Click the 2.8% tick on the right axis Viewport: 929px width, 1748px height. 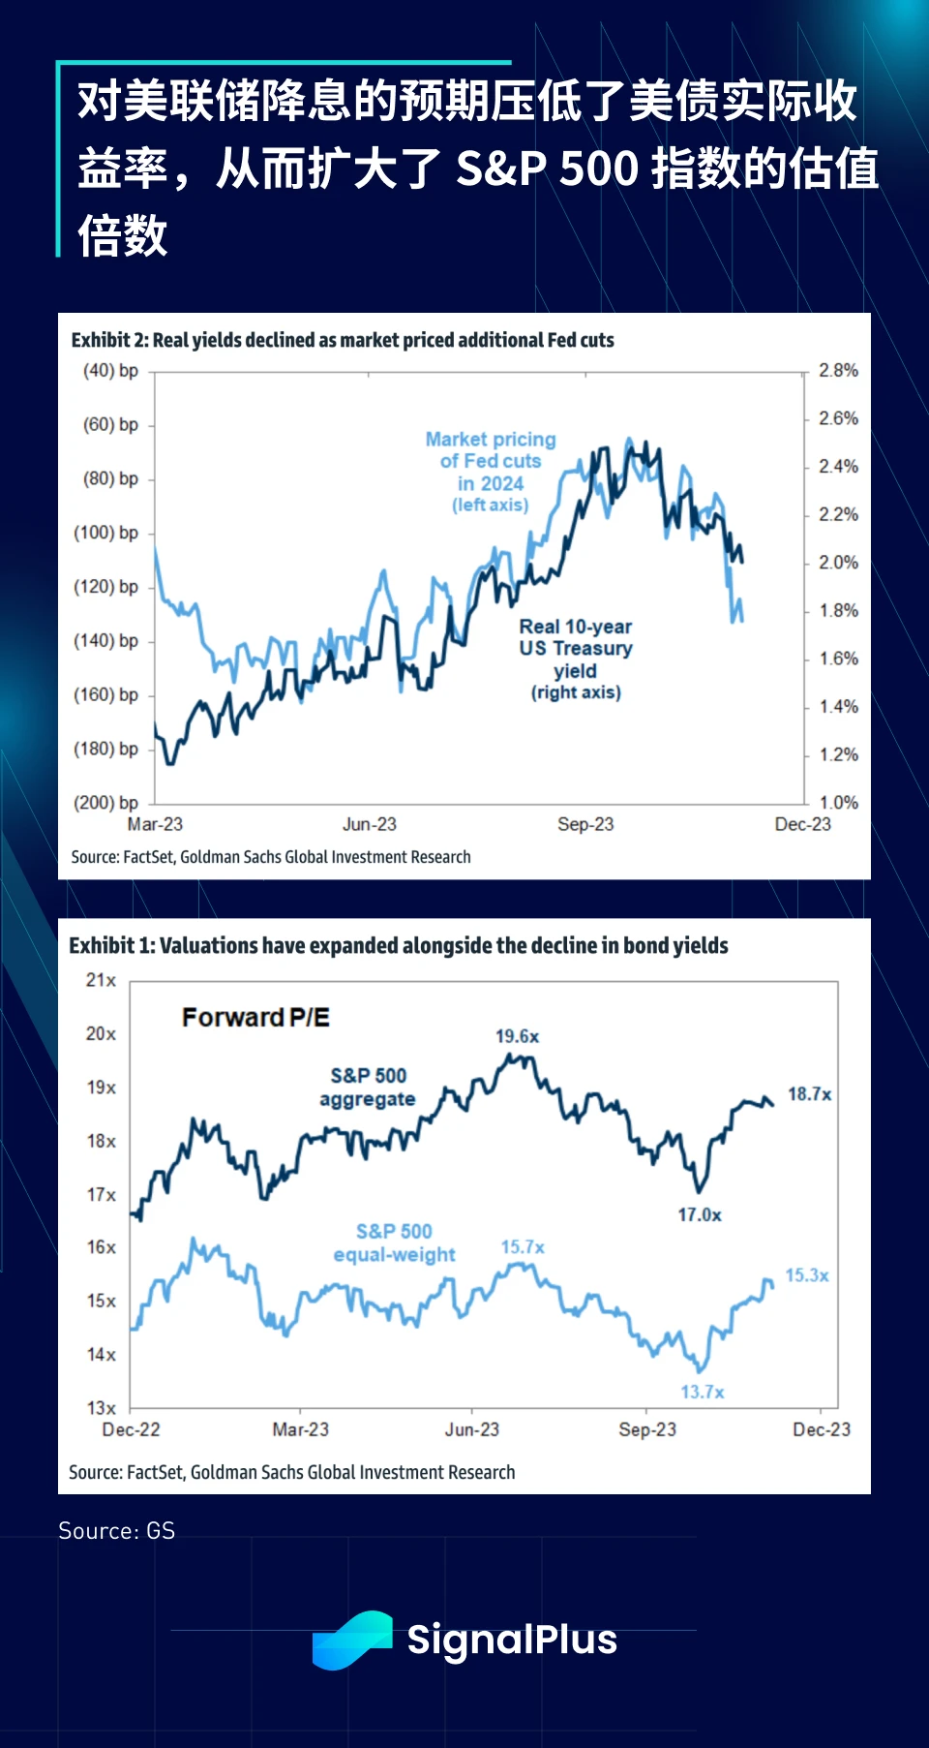point(838,370)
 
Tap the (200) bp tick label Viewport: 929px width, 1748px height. point(106,803)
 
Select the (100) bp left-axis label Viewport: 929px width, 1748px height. point(106,533)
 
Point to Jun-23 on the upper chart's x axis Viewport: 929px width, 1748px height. point(370,824)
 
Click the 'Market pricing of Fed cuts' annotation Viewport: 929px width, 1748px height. point(491,472)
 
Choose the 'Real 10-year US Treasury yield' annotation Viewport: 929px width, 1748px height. point(576,659)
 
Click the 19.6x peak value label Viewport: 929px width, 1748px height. point(518,1036)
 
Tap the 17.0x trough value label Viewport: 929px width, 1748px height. point(700,1214)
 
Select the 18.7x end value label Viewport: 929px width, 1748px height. point(809,1094)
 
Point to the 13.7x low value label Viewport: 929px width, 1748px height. point(703,1392)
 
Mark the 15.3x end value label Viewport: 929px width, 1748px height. point(807,1275)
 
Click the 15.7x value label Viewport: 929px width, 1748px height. point(523,1247)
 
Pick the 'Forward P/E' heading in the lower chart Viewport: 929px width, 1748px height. point(255,1018)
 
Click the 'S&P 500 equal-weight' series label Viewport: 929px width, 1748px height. point(394,1242)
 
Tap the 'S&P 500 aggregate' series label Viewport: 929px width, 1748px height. point(368,1087)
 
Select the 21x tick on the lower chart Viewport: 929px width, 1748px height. point(101,980)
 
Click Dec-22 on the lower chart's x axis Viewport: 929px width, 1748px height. point(131,1429)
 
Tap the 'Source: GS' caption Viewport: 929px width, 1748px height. point(117,1531)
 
